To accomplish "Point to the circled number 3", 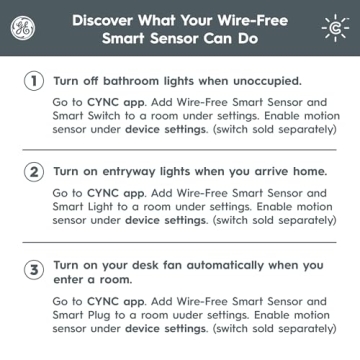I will (33, 268).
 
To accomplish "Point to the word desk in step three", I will (147, 265).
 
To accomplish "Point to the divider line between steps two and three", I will (180, 242).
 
